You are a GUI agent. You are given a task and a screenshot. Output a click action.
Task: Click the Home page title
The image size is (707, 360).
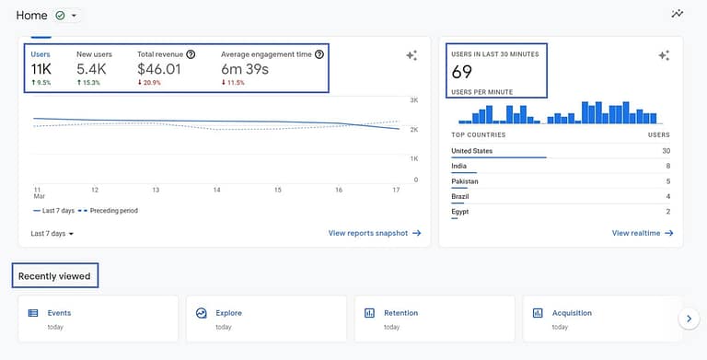point(31,16)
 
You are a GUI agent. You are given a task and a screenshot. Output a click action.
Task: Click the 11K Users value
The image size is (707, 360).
point(41,69)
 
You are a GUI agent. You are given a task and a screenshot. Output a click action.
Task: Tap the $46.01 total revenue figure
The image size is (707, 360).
point(159,69)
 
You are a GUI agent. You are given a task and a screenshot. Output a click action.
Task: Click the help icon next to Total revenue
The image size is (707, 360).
point(191,54)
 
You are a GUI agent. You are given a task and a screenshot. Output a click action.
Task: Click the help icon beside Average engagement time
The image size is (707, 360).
point(319,54)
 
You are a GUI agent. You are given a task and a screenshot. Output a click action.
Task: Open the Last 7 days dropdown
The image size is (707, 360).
point(52,233)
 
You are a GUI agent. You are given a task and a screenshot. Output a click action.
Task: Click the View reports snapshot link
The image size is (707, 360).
point(374,233)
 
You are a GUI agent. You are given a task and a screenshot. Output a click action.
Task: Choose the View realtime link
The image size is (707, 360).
point(642,233)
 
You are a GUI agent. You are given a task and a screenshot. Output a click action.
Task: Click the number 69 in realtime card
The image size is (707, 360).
point(462,73)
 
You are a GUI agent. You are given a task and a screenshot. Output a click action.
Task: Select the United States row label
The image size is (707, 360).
point(472,151)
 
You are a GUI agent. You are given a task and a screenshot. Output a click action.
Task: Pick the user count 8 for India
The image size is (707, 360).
point(666,166)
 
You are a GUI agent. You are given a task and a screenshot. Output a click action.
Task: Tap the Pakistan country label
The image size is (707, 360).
point(465,181)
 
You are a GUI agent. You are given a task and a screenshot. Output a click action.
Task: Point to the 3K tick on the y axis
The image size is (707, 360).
point(415,99)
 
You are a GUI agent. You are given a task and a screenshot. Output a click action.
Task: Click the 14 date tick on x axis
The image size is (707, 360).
point(216,190)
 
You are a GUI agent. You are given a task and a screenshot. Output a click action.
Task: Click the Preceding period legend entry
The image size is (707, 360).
point(111,210)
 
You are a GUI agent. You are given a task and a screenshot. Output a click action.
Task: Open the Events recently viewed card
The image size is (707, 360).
point(98,319)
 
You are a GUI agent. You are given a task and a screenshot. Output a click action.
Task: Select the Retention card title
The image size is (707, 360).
point(400,313)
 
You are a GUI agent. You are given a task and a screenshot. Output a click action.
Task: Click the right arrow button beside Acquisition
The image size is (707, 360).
point(688,319)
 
